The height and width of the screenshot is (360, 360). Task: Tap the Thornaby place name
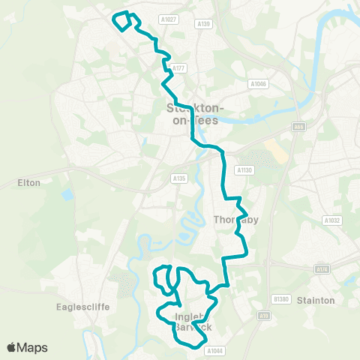(x=235, y=220)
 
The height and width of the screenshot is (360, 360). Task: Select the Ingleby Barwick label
(x=193, y=322)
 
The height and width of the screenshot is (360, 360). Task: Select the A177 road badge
(x=178, y=68)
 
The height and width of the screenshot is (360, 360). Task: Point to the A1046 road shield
(x=258, y=85)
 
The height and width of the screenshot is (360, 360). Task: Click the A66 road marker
(x=298, y=127)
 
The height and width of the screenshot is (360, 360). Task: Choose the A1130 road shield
(x=243, y=171)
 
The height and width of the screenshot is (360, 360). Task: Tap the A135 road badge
(x=178, y=178)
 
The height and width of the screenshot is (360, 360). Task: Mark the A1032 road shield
(x=332, y=220)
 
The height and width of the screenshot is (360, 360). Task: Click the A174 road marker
(x=322, y=268)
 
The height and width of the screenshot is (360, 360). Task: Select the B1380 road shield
(x=281, y=299)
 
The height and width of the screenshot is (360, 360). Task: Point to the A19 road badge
(x=265, y=316)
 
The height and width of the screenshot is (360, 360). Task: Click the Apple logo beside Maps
(x=11, y=347)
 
